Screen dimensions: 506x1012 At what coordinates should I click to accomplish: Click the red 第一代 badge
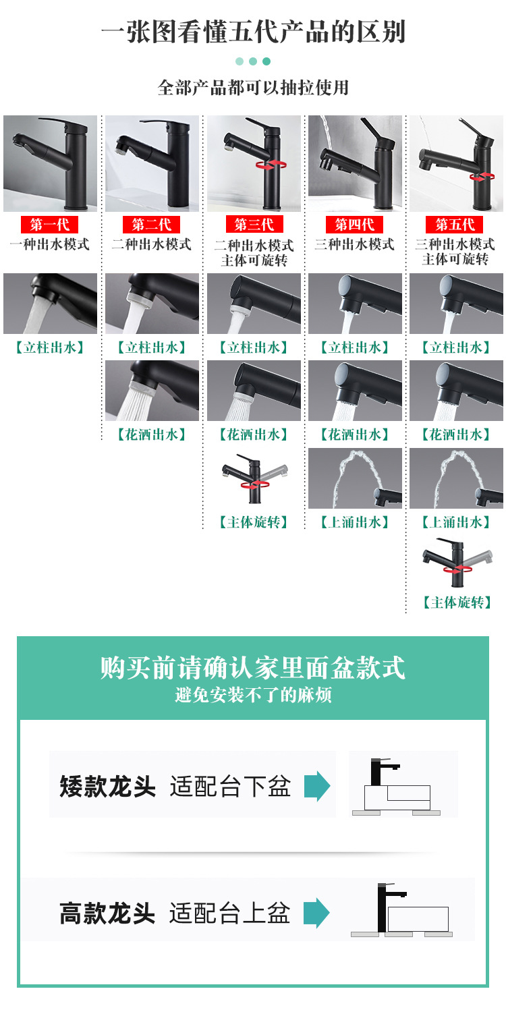tap(50, 225)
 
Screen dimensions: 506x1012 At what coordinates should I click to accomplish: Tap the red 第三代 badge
tap(254, 225)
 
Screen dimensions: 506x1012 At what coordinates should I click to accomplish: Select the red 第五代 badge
tap(455, 225)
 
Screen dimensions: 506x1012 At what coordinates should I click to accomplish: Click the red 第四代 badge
tap(355, 225)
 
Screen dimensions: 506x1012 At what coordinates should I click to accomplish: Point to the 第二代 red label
tap(151, 225)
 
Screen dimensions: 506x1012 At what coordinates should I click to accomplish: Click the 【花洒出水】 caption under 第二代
tap(152, 434)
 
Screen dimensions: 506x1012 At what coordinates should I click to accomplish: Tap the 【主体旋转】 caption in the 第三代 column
tap(254, 522)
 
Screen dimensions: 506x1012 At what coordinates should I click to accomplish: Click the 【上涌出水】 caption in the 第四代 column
tap(355, 522)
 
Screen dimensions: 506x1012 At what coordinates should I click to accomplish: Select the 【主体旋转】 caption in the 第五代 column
tap(457, 602)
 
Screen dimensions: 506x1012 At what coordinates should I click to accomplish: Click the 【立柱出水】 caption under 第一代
tap(50, 347)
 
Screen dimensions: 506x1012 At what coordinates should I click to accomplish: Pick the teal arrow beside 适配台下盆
tap(317, 786)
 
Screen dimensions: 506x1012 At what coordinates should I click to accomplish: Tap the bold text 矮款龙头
tap(107, 786)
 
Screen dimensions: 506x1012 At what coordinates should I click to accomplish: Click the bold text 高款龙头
tap(107, 913)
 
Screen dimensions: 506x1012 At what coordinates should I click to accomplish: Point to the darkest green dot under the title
tap(266, 61)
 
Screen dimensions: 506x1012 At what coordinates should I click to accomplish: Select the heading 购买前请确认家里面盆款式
tap(253, 667)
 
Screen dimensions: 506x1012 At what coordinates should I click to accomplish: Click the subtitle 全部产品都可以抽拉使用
tap(253, 88)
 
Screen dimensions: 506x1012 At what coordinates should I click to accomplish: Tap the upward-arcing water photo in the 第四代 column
tap(355, 478)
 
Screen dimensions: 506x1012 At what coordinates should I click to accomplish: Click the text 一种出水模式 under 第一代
tap(50, 244)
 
